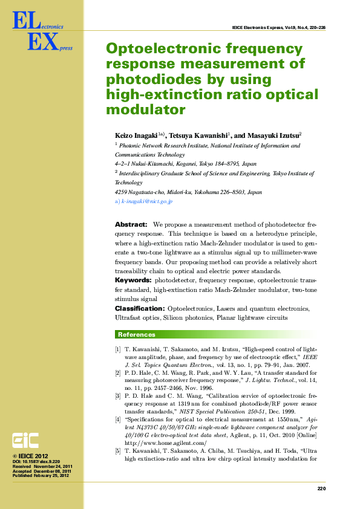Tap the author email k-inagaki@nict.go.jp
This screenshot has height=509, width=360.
147,201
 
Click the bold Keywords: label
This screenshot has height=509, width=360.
133,280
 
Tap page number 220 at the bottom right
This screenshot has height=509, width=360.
321,489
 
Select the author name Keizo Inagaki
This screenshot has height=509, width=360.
136,136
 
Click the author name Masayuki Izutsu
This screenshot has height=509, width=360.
273,136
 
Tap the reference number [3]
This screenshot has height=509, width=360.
118,395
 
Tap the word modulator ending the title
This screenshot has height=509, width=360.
145,109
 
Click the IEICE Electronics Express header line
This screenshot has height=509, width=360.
278,28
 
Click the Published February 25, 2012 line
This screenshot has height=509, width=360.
41,476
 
